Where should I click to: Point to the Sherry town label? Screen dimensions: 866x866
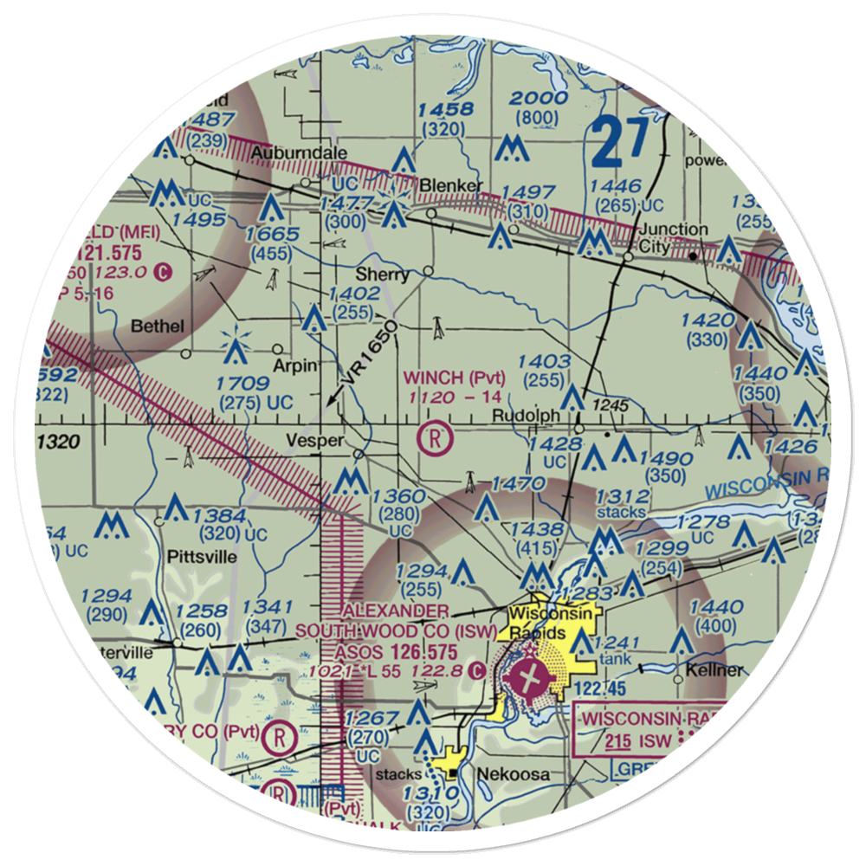coord(389,275)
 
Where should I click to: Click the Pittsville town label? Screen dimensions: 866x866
coord(202,557)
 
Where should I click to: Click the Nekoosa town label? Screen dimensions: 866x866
coord(517,774)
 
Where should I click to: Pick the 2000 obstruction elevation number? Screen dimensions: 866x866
coord(538,98)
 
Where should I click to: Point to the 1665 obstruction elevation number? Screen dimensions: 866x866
coord(272,235)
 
